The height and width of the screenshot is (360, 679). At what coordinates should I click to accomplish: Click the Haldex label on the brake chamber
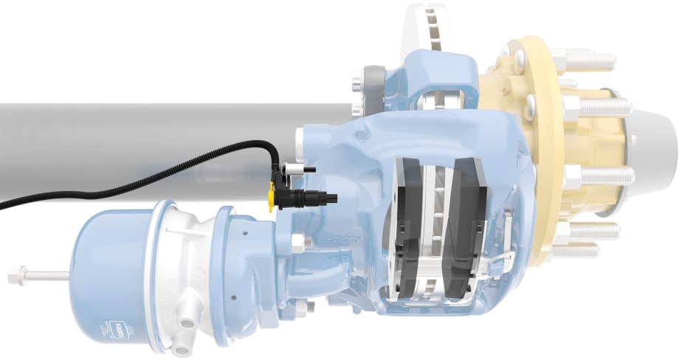[x=116, y=325]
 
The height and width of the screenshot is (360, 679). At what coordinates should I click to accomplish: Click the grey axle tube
[x=148, y=140]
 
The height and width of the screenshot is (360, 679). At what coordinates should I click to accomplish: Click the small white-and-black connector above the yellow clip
[x=295, y=170]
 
